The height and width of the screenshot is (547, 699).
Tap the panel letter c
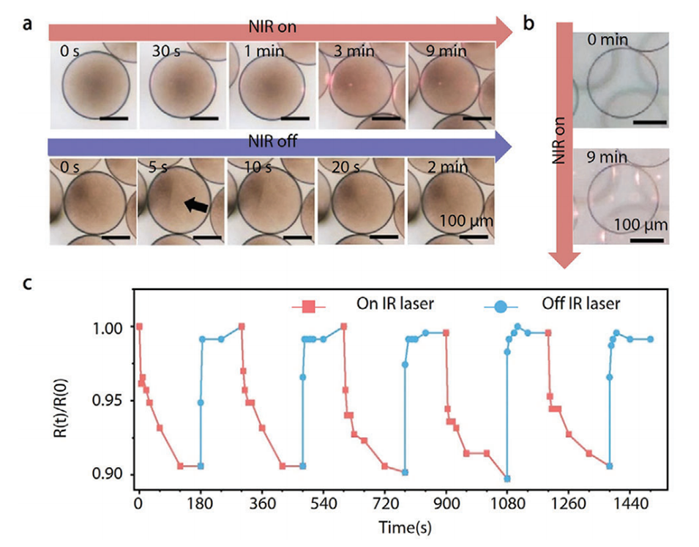27,283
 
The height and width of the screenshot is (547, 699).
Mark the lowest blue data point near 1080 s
507,478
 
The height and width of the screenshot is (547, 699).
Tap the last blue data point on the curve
650,339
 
